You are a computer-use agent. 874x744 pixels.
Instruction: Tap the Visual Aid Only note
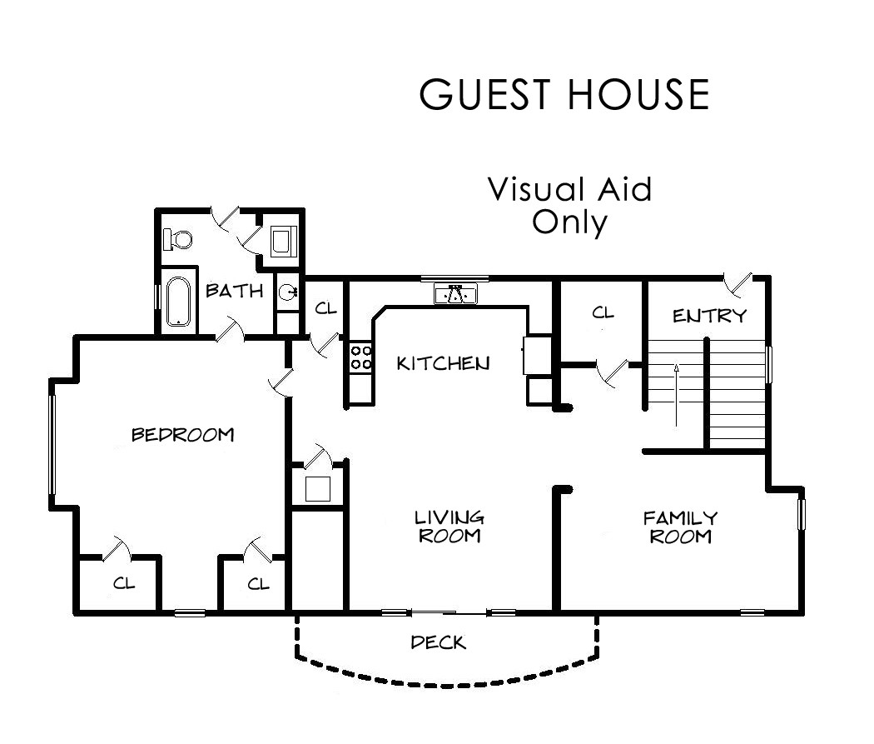pyautogui.click(x=569, y=206)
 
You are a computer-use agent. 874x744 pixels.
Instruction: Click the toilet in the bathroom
pyautogui.click(x=178, y=239)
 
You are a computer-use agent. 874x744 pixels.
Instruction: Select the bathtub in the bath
pyautogui.click(x=178, y=301)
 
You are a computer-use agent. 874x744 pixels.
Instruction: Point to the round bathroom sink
pyautogui.click(x=288, y=291)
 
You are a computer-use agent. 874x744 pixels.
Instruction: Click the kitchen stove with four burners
pyautogui.click(x=360, y=357)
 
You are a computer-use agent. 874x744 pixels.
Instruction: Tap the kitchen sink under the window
pyautogui.click(x=456, y=294)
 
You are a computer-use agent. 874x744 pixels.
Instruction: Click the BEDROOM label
pyautogui.click(x=183, y=435)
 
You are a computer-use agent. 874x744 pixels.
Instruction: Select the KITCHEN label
pyautogui.click(x=443, y=363)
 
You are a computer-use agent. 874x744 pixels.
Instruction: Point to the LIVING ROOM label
pyautogui.click(x=449, y=527)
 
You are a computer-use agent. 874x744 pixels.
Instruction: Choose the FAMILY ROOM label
pyautogui.click(x=681, y=527)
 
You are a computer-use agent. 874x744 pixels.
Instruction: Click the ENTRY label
pyautogui.click(x=709, y=317)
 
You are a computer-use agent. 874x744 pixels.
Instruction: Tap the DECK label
pyautogui.click(x=438, y=642)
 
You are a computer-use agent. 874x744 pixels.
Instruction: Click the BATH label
pyautogui.click(x=234, y=291)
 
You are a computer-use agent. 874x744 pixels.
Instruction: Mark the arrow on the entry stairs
pyautogui.click(x=676, y=395)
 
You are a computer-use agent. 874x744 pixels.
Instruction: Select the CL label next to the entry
pyautogui.click(x=603, y=313)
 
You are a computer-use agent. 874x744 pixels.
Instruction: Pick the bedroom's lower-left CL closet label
pyautogui.click(x=124, y=583)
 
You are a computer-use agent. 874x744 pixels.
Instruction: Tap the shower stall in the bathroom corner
pyautogui.click(x=283, y=241)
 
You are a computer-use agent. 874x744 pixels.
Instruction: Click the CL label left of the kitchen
pyautogui.click(x=325, y=308)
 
